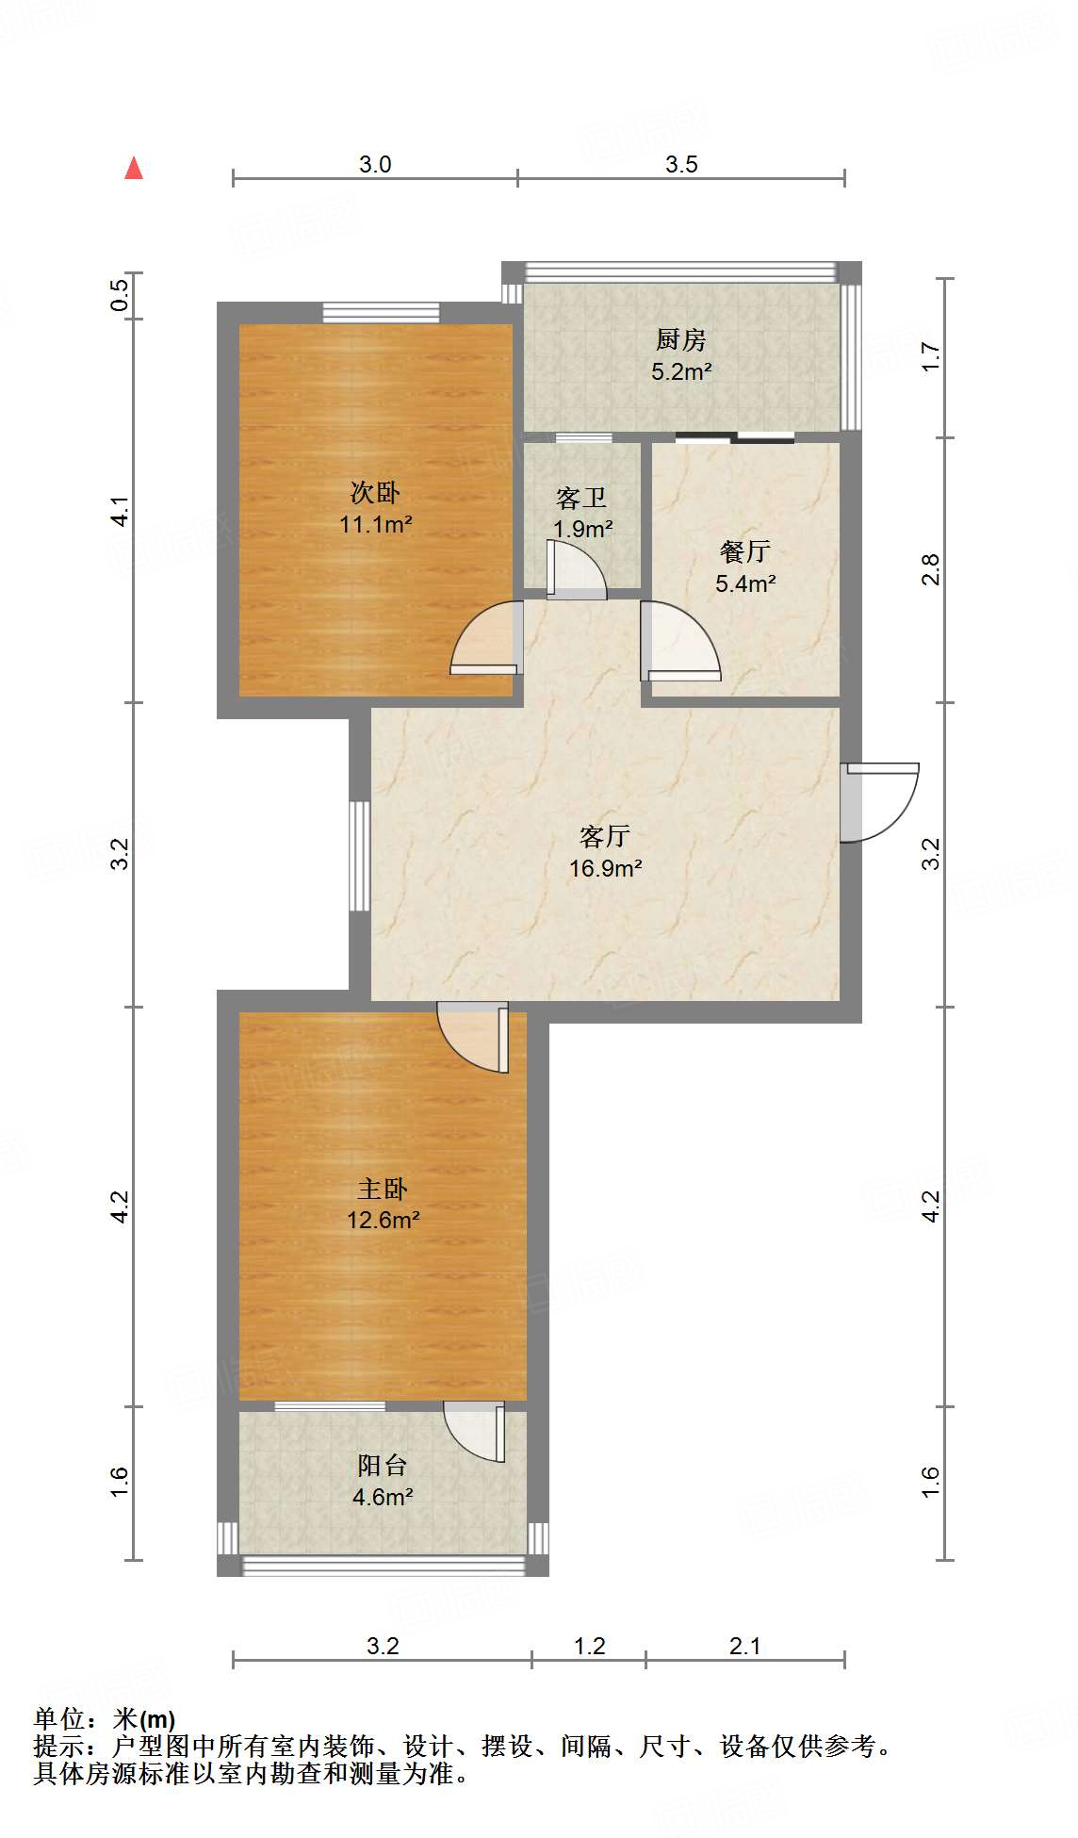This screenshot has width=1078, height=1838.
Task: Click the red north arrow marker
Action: [x=134, y=168]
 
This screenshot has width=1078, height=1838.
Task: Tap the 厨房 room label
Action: [x=680, y=338]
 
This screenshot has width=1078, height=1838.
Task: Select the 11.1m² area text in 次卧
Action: [x=375, y=524]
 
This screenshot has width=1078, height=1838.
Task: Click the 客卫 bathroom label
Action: [x=580, y=497]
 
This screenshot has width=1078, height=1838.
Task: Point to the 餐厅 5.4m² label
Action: [x=744, y=566]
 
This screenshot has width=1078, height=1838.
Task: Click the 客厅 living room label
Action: [x=604, y=836]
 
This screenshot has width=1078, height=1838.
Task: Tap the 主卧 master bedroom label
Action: [x=383, y=1189]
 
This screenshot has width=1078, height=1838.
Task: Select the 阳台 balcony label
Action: [x=383, y=1465]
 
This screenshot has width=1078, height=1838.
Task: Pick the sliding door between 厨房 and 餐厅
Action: [x=735, y=436]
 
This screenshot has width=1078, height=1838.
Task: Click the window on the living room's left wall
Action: [x=359, y=855]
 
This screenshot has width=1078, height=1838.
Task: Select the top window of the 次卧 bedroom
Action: [x=381, y=312]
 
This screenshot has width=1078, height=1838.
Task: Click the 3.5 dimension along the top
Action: [x=680, y=164]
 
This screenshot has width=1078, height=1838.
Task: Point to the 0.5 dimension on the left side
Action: [x=119, y=295]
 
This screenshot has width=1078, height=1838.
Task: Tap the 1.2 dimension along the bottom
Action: [x=589, y=1646]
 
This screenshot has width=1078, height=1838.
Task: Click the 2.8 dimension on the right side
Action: [x=931, y=569]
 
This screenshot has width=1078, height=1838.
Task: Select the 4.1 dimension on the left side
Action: [x=119, y=512]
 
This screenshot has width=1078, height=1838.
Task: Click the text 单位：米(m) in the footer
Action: [x=105, y=1719]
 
